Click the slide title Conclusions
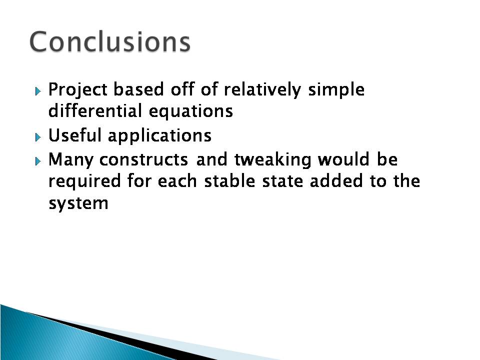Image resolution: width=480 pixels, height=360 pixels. point(110,41)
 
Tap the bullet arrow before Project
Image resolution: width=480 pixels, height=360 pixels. point(38,91)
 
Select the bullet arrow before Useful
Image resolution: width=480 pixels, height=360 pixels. point(38,137)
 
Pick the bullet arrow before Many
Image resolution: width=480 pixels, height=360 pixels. point(38,161)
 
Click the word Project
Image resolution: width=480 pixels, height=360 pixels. point(78,90)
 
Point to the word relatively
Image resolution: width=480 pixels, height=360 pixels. point(262,90)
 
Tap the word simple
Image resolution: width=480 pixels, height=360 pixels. point(336,90)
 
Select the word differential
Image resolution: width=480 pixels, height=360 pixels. point(95,110)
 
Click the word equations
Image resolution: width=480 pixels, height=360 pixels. point(190,111)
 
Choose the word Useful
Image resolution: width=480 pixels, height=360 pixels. point(74,135)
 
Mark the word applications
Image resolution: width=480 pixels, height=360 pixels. point(159,136)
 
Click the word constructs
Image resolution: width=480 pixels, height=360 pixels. point(143,160)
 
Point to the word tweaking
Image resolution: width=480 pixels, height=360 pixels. point(272,160)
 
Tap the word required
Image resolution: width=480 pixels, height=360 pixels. point(84,181)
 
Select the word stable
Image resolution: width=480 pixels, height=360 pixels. point(229,180)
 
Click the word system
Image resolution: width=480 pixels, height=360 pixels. point(78,203)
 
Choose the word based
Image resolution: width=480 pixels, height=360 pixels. point(138,89)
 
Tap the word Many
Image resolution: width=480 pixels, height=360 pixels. point(70,160)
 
